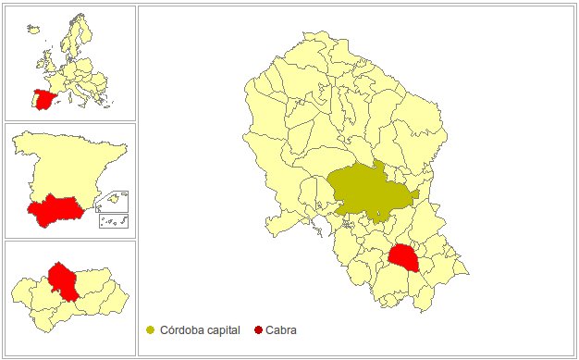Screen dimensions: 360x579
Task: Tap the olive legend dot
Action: point(151,329)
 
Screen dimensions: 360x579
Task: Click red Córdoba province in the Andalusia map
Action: point(63,280)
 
